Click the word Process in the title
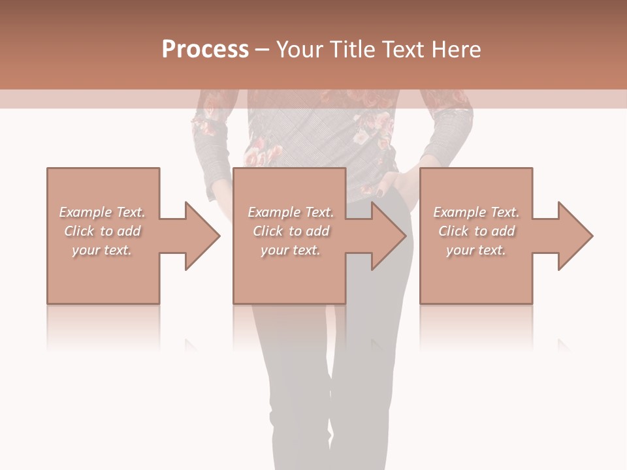pos(205,50)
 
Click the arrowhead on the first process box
pos(202,236)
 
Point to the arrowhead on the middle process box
pos(389,236)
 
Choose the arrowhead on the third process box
pos(575,236)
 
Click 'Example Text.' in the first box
pos(102,212)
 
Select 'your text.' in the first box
pos(102,250)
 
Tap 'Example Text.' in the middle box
pos(291,212)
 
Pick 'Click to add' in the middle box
pos(291,231)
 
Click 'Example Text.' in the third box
pos(476,212)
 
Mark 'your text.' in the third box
pos(476,250)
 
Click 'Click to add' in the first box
pos(102,231)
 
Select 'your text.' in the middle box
pos(291,250)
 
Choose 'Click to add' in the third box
pos(476,231)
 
